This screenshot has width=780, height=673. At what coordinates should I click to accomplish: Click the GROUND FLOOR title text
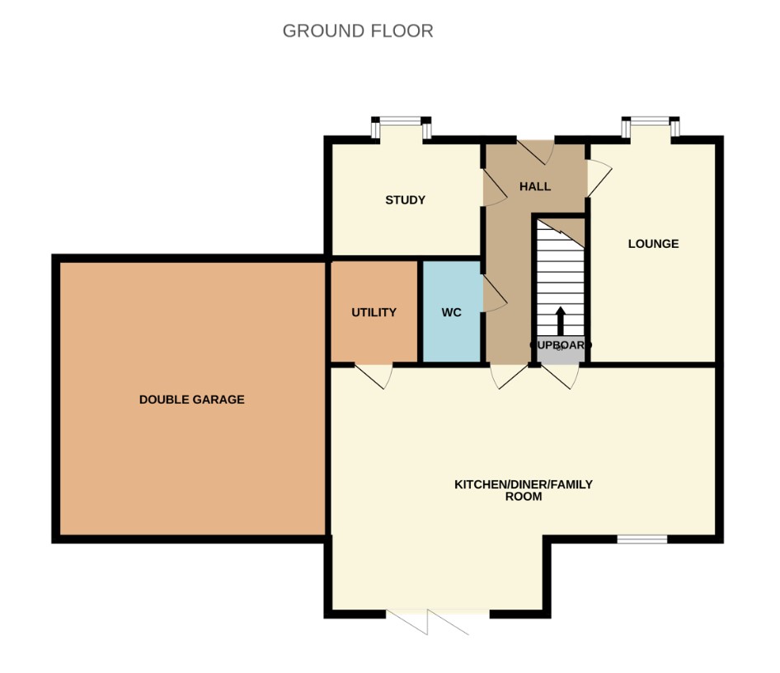click(x=357, y=31)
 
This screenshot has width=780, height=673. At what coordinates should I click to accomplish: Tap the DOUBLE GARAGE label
click(x=191, y=400)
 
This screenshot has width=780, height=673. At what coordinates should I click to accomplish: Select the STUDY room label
click(x=405, y=200)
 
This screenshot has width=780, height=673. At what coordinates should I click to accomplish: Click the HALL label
click(x=534, y=187)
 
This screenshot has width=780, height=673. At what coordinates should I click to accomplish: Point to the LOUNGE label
click(x=653, y=244)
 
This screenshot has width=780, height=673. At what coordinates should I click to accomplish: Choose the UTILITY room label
click(x=374, y=312)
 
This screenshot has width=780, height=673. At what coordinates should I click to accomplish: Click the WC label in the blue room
click(x=451, y=312)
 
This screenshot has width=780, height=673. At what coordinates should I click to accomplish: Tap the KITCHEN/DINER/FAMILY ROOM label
click(x=523, y=490)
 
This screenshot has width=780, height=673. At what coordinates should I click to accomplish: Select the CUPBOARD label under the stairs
click(x=561, y=345)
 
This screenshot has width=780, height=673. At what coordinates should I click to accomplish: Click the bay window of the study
click(x=402, y=127)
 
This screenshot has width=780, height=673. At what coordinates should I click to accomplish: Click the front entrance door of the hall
click(x=535, y=151)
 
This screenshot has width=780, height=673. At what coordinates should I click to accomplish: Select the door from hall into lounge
click(x=598, y=177)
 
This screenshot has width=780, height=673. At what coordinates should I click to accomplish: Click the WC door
click(x=493, y=294)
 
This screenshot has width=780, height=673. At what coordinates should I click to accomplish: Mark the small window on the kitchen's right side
click(x=641, y=539)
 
